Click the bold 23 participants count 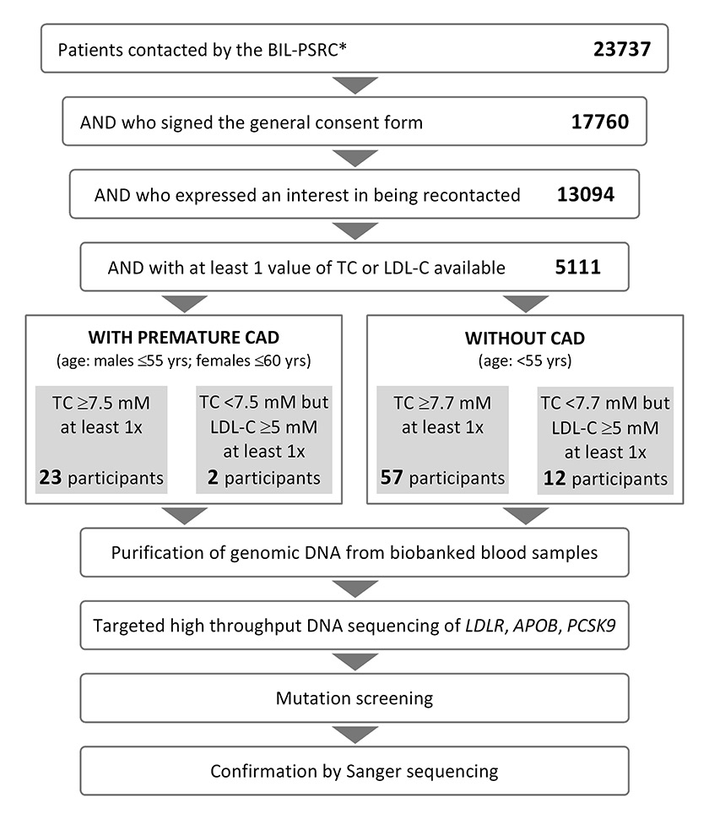pyautogui.click(x=51, y=477)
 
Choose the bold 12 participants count pyautogui.click(x=555, y=478)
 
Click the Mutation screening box pyautogui.click(x=354, y=698)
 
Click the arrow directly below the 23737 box pyautogui.click(x=354, y=85)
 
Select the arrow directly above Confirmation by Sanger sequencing pyautogui.click(x=354, y=735)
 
